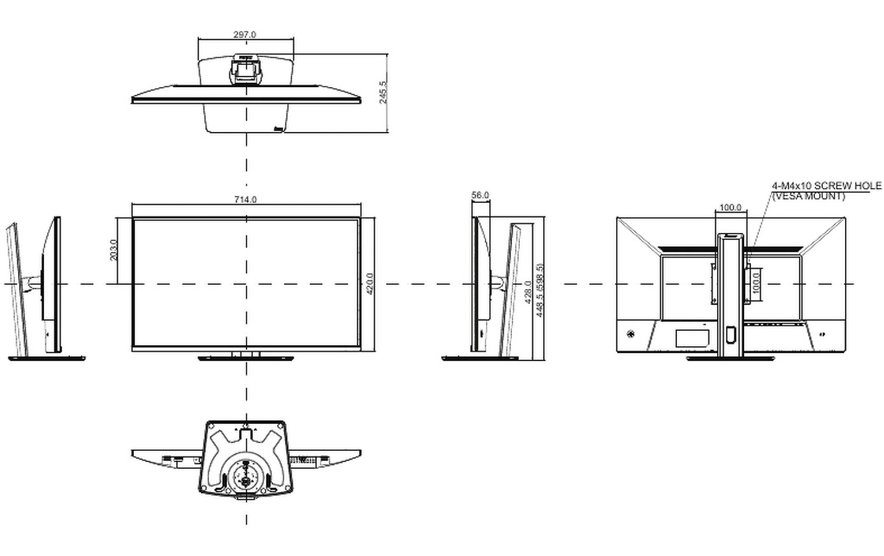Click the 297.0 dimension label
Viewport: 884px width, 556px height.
244,35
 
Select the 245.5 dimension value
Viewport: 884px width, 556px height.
383,92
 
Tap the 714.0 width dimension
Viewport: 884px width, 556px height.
245,199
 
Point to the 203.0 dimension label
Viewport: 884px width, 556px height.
113,250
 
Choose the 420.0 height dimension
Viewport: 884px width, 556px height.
369,284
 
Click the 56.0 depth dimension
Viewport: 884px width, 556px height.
480,195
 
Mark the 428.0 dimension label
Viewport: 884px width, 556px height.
527,292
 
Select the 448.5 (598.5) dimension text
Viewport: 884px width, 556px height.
540,290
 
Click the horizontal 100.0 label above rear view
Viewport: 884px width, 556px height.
730,207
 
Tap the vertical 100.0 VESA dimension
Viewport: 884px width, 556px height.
756,284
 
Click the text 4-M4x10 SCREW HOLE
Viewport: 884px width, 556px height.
826,186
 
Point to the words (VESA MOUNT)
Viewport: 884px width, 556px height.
808,196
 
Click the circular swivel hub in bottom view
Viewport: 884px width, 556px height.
245,474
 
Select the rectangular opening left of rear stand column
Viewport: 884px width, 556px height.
693,338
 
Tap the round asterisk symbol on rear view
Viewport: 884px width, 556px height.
629,334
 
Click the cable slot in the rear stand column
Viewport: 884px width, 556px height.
731,334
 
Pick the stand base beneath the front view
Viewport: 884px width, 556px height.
246,358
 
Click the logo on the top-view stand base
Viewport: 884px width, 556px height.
278,129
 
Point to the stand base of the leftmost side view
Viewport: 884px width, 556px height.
47,357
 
